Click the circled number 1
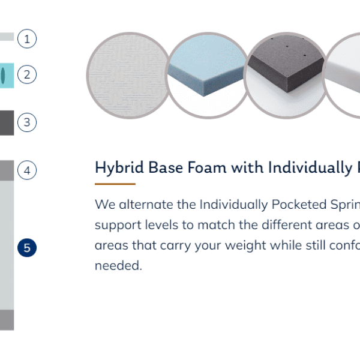coord(27,38)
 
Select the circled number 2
coord(27,74)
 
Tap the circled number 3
coord(27,122)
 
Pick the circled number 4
coord(27,170)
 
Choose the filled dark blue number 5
coord(27,248)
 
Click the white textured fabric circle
coord(130,76)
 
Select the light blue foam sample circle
coord(208,76)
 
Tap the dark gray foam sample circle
coord(286,76)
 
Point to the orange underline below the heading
coord(115,184)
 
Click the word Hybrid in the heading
coord(119,168)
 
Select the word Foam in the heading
coord(207,167)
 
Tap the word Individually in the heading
coord(310,168)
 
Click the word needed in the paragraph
coord(118,266)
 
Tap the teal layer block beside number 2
coord(7,76)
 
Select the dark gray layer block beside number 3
coord(7,123)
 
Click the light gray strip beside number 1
coord(7,37)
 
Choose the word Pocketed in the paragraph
coord(299,205)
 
